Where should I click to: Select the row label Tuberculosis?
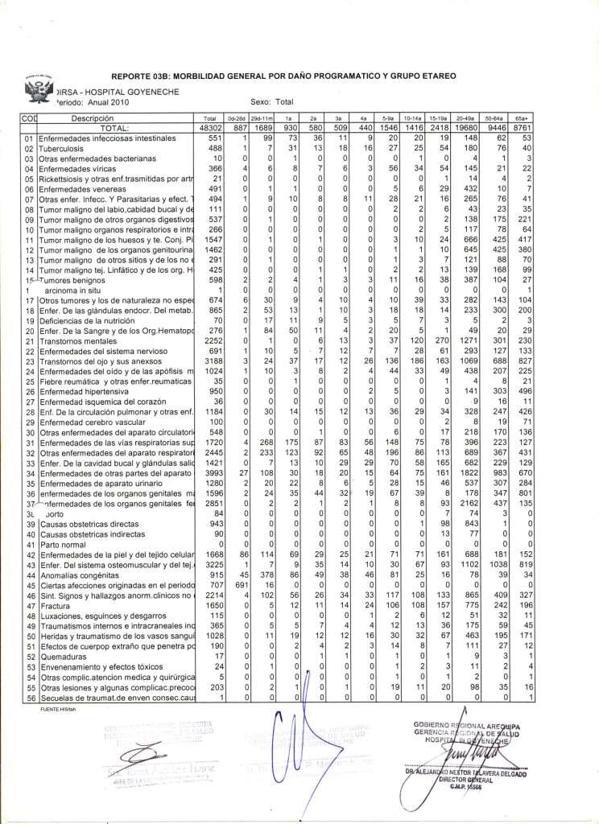(x=47, y=149)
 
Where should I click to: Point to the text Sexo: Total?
(x=272, y=102)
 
